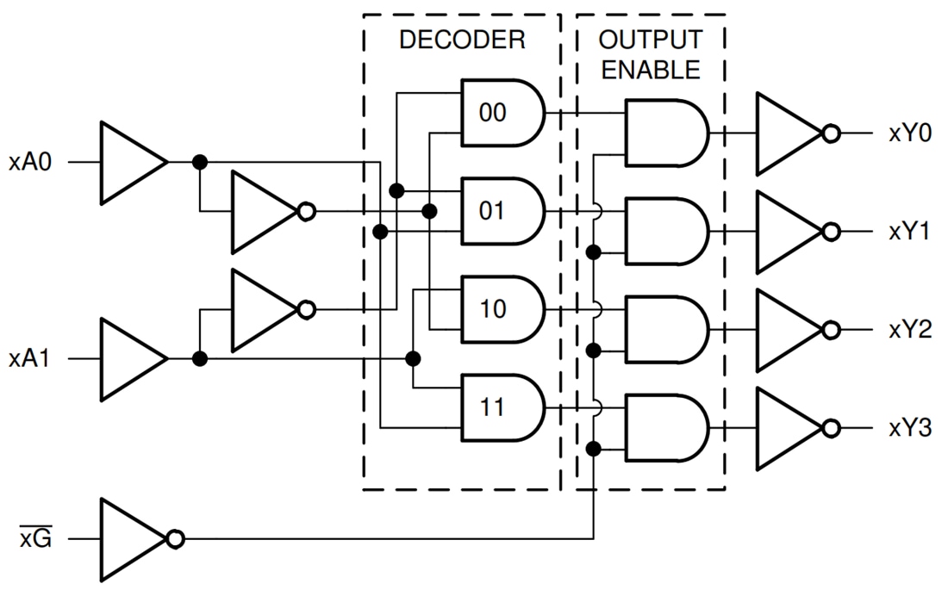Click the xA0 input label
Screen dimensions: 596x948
[30, 162]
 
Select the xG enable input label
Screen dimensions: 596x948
[35, 540]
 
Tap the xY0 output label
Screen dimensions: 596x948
[910, 134]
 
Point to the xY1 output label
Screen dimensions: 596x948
[910, 233]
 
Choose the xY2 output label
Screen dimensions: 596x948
[910, 331]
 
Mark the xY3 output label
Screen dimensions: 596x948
[910, 429]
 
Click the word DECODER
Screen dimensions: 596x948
[462, 40]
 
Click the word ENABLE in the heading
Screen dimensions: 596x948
[651, 71]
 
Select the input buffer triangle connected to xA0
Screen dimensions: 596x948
[129, 162]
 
